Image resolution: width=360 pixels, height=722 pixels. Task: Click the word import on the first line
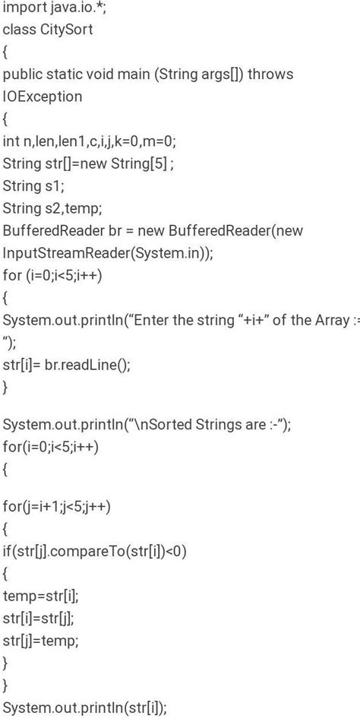(22, 8)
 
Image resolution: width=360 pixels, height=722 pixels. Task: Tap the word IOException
(43, 97)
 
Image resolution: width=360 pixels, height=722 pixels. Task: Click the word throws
(271, 74)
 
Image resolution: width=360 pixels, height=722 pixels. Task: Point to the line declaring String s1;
(34, 186)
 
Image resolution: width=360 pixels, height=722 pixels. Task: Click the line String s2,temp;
(52, 208)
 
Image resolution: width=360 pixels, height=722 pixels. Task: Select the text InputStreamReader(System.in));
(108, 253)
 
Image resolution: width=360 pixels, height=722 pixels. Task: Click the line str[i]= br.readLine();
(67, 365)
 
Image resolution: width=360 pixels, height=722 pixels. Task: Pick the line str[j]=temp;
(40, 641)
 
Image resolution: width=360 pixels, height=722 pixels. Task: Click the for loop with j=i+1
(56, 507)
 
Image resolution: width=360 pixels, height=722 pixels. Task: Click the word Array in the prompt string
(333, 320)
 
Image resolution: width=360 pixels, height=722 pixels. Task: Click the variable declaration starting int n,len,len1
(89, 141)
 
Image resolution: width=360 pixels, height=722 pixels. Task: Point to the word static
(62, 74)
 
